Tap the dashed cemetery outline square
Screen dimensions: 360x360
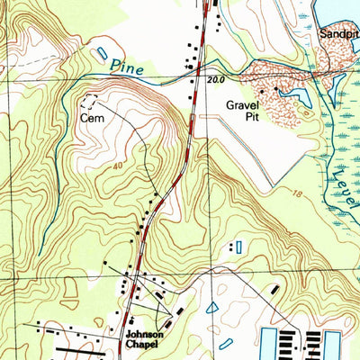click(x=89, y=101)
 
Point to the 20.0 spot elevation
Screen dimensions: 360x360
click(x=212, y=80)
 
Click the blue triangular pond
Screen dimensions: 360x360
click(x=211, y=308)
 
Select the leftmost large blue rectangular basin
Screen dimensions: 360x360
click(x=268, y=344)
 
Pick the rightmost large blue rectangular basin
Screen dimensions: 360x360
click(x=332, y=344)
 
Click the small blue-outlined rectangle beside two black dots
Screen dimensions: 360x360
click(x=238, y=246)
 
